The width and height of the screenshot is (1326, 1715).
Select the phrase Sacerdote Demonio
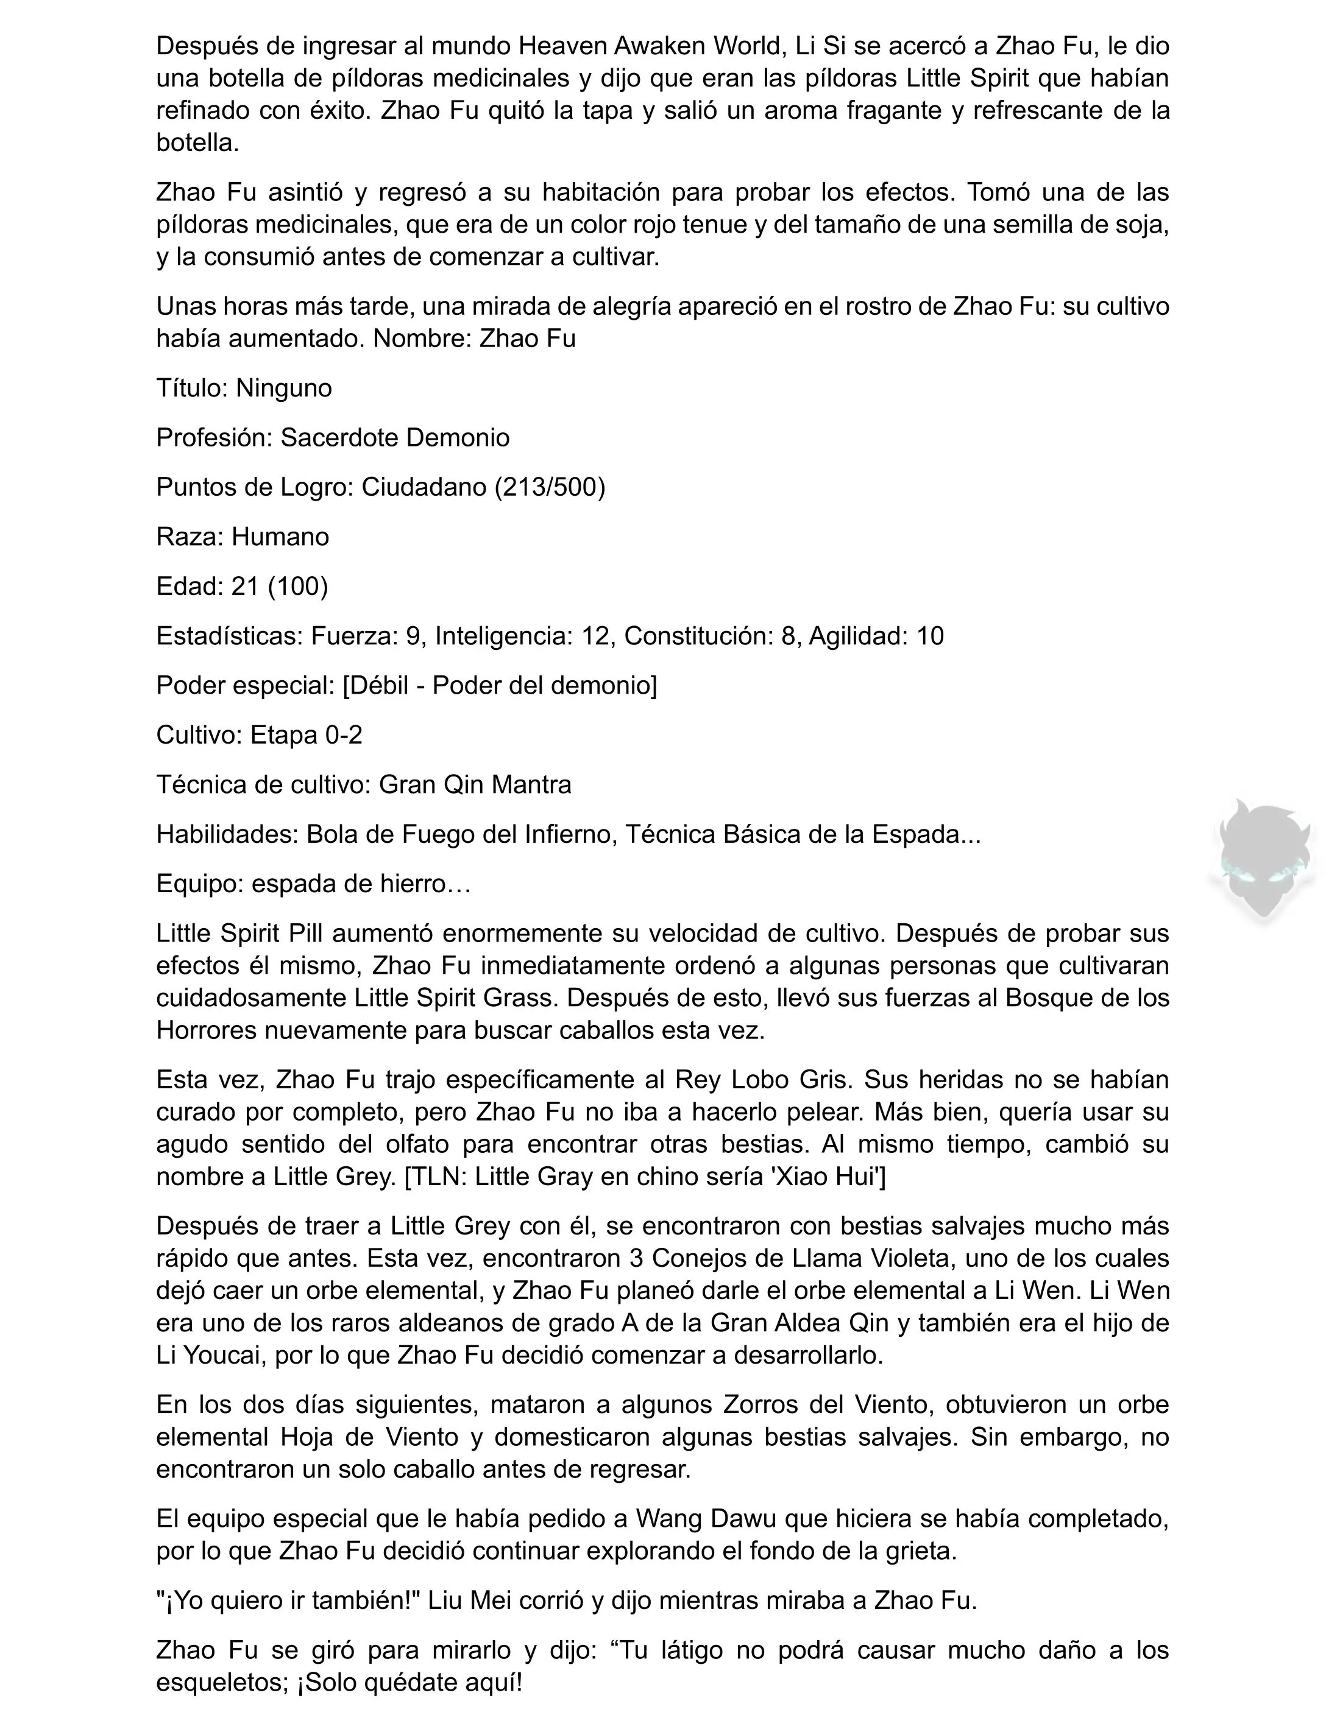coord(395,438)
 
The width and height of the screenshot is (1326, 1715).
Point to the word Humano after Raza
coord(280,537)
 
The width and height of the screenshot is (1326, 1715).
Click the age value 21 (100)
coord(280,586)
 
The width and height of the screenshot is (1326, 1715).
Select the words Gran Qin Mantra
coord(475,784)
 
